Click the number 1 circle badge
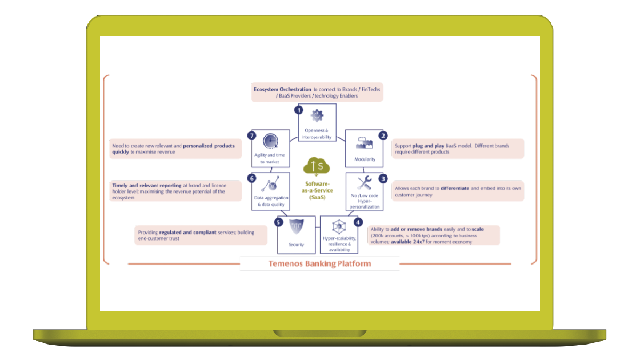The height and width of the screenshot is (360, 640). [x=299, y=110]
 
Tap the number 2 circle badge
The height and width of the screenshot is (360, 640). [x=382, y=135]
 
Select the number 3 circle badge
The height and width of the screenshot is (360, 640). [x=382, y=179]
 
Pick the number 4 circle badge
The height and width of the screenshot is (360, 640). [x=358, y=222]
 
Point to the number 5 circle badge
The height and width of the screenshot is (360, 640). [x=278, y=222]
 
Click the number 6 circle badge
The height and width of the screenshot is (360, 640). [x=253, y=179]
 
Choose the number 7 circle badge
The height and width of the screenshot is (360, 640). [x=253, y=135]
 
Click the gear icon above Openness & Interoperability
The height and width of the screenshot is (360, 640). [x=317, y=115]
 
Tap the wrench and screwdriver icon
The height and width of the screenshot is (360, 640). [x=365, y=183]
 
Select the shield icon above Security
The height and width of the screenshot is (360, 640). [x=297, y=226]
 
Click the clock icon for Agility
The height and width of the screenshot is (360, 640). [x=271, y=141]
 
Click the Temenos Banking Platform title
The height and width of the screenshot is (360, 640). [x=319, y=263]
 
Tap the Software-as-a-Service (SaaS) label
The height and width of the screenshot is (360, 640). [x=317, y=190]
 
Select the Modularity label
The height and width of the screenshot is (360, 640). [x=365, y=159]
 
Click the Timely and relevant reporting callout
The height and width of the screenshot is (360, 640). [x=175, y=191]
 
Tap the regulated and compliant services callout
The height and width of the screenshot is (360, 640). [x=201, y=235]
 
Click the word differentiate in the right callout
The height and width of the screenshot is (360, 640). [x=454, y=188]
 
